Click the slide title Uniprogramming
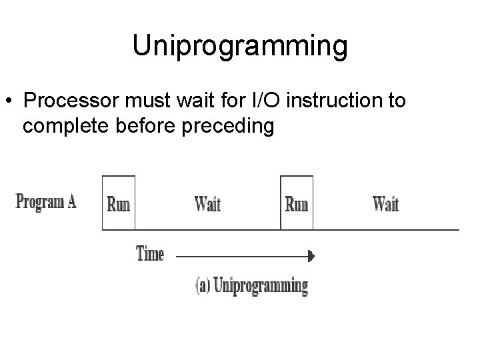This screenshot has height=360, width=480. tap(239, 46)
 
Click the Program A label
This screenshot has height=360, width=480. tap(46, 201)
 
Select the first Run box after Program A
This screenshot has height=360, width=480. tap(118, 203)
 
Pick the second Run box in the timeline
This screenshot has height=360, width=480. tap(297, 203)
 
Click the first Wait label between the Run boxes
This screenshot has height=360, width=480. tap(207, 203)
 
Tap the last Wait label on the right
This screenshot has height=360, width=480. tap(385, 203)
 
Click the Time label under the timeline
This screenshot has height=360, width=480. tap(150, 254)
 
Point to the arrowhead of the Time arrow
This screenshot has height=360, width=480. tap(310, 255)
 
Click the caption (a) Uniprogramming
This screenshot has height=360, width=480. tap(251, 286)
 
